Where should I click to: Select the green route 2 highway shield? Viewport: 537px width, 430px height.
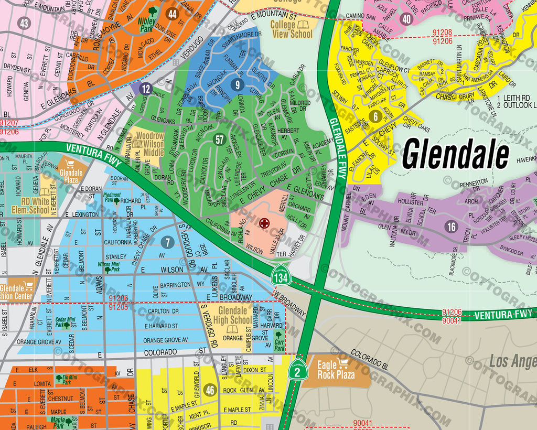point(296,370)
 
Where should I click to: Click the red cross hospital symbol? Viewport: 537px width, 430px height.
point(265,223)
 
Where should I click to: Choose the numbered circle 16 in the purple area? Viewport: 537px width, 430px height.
point(451,227)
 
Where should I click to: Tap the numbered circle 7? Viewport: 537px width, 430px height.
point(167,242)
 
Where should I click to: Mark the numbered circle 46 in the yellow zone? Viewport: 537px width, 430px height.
point(210,390)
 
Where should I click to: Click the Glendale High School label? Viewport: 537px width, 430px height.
point(232,316)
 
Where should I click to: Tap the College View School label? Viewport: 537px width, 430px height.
point(292,29)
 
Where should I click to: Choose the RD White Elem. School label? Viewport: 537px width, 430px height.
point(31,206)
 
